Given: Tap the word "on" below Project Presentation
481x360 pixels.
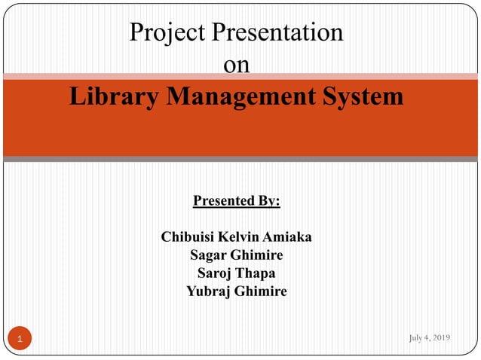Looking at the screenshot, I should [x=237, y=66].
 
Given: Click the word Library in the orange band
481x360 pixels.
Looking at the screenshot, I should [x=109, y=97].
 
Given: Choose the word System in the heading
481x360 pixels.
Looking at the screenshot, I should [x=365, y=97].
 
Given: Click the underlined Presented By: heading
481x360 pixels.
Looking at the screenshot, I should [x=237, y=201].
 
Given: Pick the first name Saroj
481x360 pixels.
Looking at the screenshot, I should [x=214, y=273].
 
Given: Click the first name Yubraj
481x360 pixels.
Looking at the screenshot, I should [x=210, y=291].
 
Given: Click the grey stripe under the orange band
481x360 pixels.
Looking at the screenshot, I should [x=240, y=159].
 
